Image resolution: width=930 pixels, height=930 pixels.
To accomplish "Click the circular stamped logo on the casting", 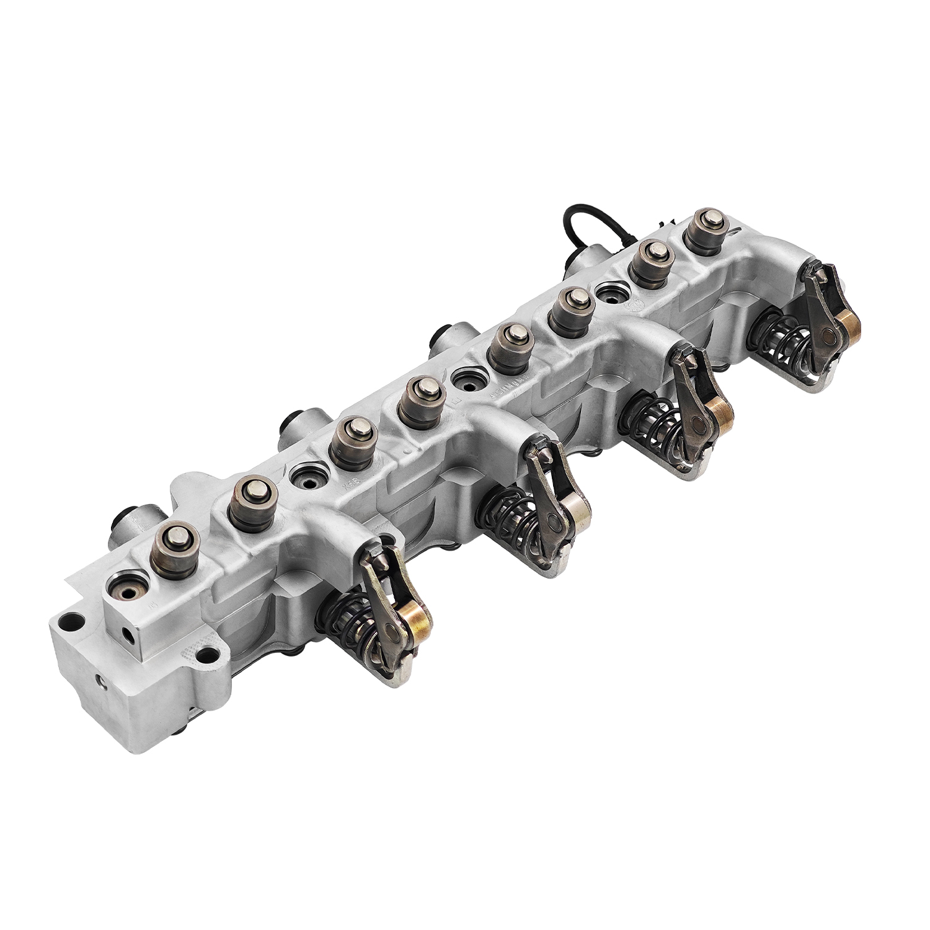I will [635, 305].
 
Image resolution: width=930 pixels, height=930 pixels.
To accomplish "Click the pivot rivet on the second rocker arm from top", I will [697, 425].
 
